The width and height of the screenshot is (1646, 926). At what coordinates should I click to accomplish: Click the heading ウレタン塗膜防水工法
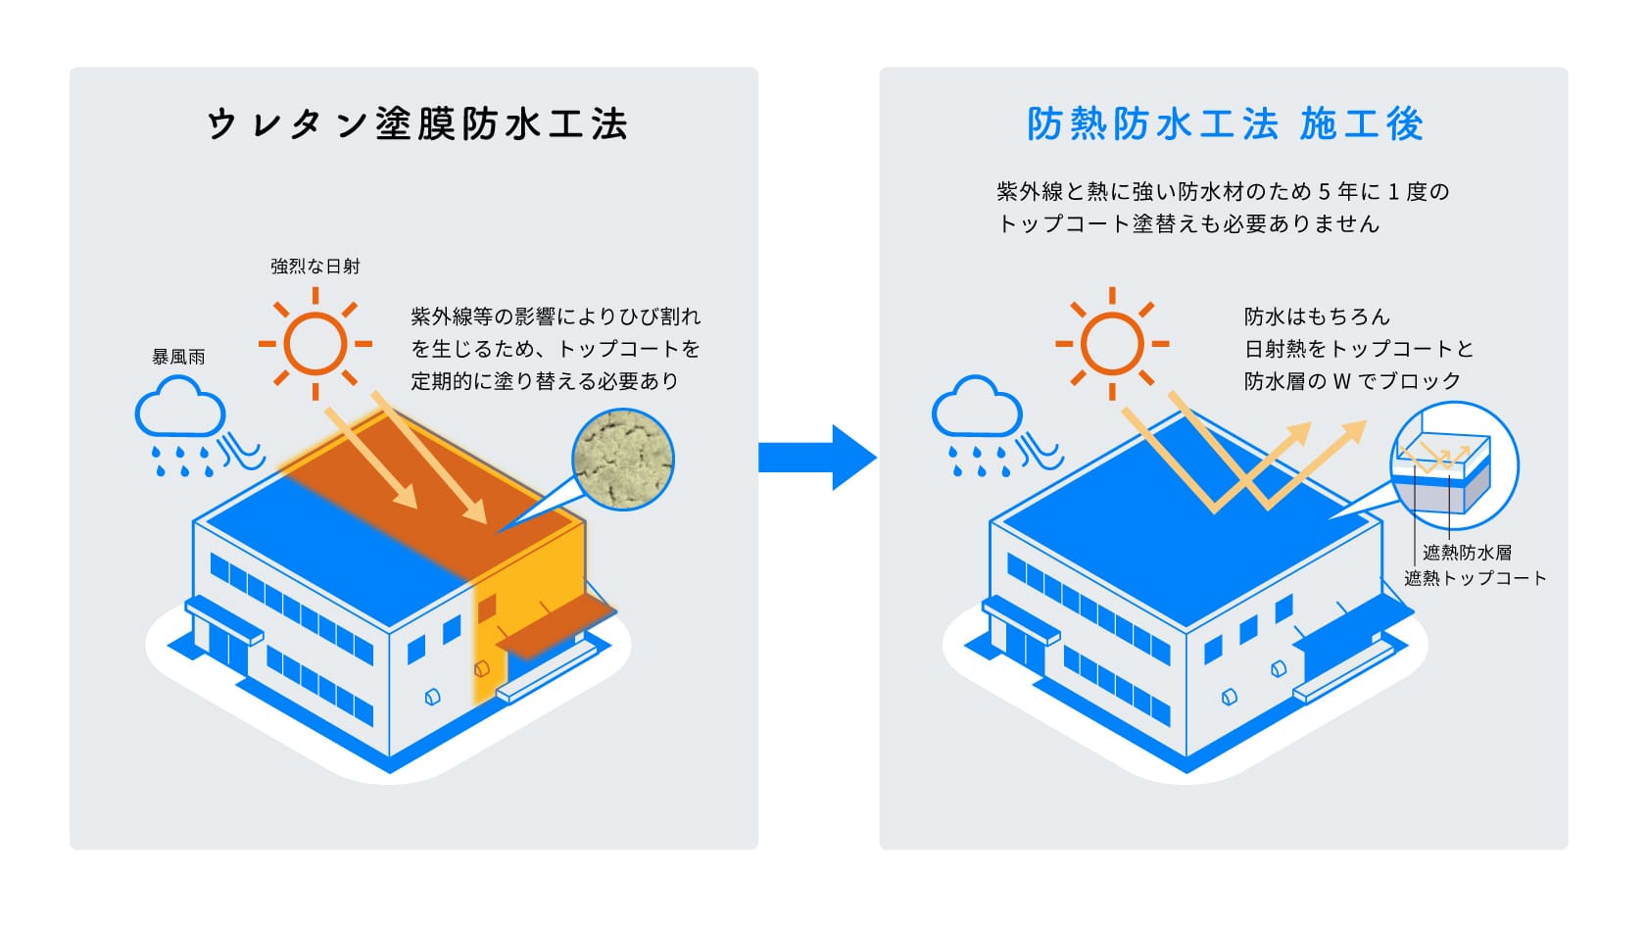pos(416,125)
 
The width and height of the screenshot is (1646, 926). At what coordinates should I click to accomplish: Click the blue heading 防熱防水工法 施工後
pos(1224,125)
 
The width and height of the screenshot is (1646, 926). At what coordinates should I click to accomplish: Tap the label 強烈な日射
pos(315,267)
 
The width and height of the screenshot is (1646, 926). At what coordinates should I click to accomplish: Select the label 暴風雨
pos(178,358)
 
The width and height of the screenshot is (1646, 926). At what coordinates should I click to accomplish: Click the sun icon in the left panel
pos(315,344)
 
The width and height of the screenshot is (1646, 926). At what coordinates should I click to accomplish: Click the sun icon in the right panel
pos(1111,344)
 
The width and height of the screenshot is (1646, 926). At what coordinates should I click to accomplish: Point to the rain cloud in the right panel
pos(977,412)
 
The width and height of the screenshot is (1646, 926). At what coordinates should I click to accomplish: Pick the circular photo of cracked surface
pos(623,461)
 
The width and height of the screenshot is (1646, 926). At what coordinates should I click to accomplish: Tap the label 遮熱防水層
pos(1467,553)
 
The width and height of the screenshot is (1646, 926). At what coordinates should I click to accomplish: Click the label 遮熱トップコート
pos(1475,578)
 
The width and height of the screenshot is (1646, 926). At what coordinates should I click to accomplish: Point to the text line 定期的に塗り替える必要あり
pos(545,381)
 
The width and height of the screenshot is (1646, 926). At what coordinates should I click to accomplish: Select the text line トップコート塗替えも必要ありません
pos(1187,224)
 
